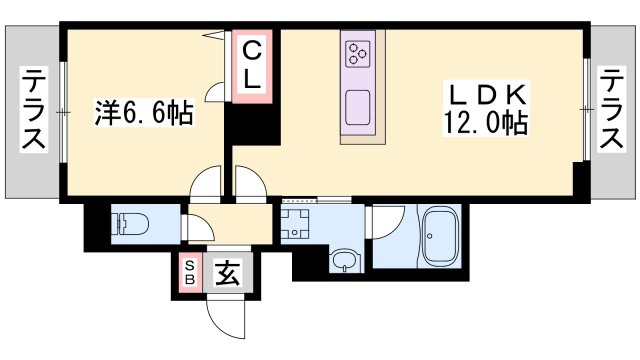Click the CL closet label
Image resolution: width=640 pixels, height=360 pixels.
pos(252,66)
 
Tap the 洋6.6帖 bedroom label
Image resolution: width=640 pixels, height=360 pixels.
pos(144,112)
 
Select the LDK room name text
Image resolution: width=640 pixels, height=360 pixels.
pos(487,95)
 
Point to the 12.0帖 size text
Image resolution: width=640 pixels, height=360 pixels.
pos(485,122)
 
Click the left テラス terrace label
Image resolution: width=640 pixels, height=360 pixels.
pos(33,109)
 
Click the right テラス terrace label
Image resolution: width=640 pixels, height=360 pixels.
pos(611,109)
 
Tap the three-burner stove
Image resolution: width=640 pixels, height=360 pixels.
pos(358,54)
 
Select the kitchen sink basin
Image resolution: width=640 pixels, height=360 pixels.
pos(358,107)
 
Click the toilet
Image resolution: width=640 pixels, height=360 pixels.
pos(130,224)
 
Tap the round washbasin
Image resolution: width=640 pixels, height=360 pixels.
pos(346,260)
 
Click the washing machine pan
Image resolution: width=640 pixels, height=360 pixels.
pos(295,223)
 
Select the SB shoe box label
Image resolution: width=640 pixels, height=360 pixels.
pos(190,272)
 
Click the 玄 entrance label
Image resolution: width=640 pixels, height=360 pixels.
pos(227,273)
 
